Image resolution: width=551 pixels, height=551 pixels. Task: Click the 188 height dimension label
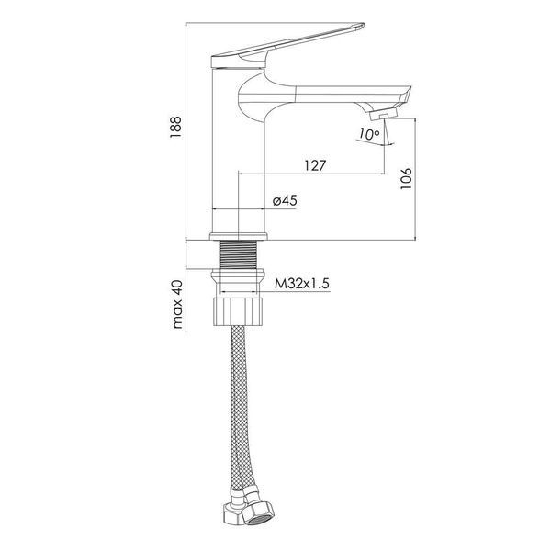(175, 127)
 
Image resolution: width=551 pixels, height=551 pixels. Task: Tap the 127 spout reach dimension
(315, 165)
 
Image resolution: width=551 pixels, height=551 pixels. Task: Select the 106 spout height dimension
(406, 178)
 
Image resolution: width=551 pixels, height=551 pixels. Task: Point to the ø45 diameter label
(285, 200)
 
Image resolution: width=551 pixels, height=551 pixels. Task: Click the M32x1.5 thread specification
(302, 283)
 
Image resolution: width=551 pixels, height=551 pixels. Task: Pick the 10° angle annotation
(369, 134)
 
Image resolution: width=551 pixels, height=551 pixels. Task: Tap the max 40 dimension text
(178, 304)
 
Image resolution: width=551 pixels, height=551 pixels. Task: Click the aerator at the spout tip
(383, 114)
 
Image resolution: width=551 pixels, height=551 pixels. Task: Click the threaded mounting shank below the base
(238, 254)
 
